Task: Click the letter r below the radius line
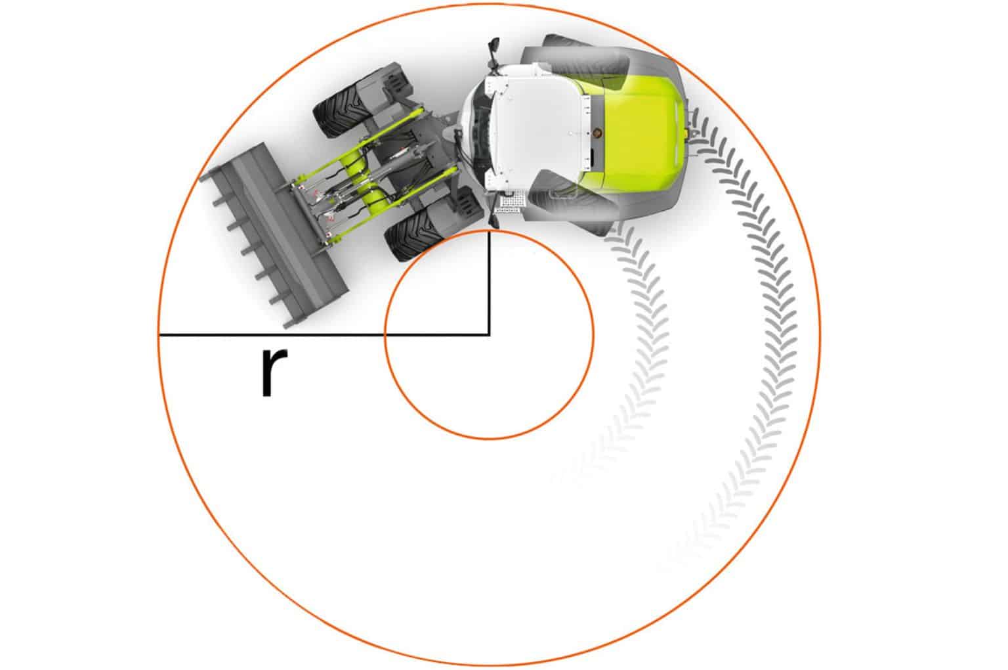point(274,372)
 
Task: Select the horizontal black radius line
point(324,335)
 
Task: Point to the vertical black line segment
point(489,282)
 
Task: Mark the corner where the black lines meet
point(489,335)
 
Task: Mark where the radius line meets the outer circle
point(159,335)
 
